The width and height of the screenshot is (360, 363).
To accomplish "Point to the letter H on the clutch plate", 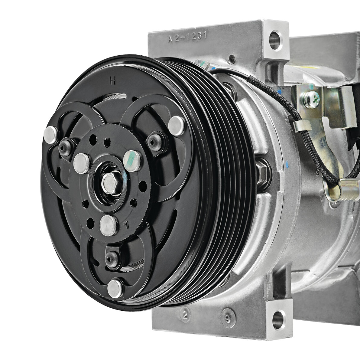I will coord(113,81).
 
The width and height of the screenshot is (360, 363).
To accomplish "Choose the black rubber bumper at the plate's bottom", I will coord(110,256).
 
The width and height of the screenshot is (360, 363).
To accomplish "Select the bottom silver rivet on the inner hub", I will coord(107,224).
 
